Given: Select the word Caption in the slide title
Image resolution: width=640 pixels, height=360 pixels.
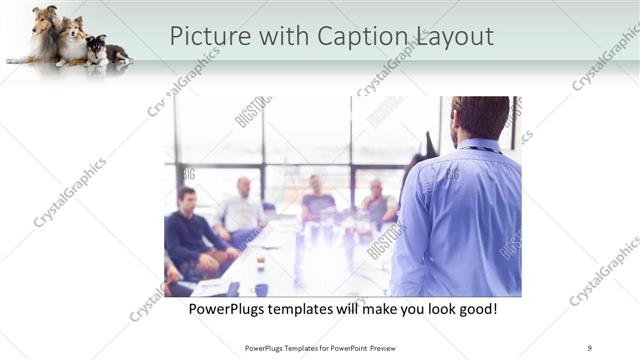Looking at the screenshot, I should click(x=363, y=36).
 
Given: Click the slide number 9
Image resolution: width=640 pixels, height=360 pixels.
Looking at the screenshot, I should click(x=590, y=348).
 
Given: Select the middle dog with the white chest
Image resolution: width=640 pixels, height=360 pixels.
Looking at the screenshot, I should click(x=72, y=42).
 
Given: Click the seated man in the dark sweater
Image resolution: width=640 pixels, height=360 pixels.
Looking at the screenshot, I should click(x=188, y=230).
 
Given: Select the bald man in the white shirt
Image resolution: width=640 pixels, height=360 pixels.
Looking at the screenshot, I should click(x=242, y=208).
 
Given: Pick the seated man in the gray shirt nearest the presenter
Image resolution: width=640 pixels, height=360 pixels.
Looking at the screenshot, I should click(x=377, y=204).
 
